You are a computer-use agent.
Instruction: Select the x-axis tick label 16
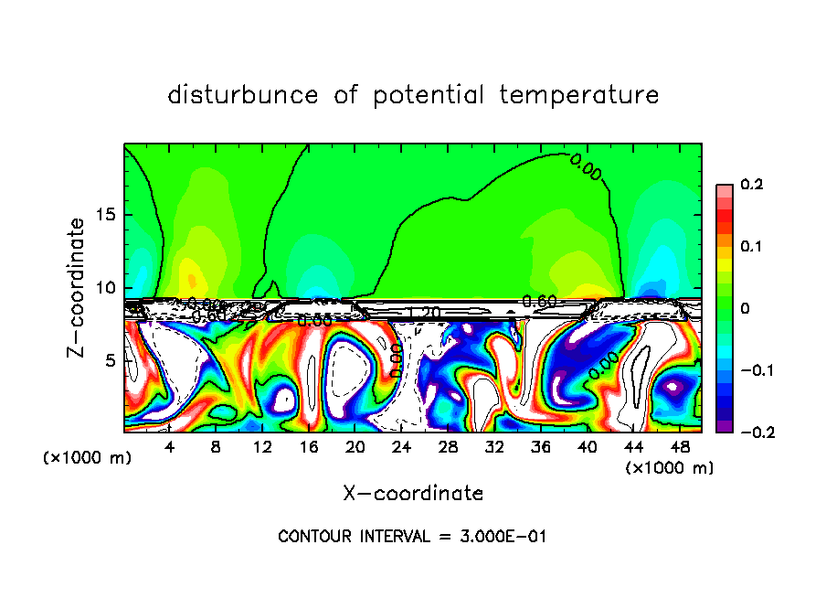pos(309,447)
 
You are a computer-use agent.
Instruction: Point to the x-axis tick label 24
pos(401,447)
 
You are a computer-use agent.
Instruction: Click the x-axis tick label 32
pos(494,447)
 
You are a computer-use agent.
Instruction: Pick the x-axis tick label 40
pos(587,447)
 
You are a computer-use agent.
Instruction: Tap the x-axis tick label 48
pos(680,447)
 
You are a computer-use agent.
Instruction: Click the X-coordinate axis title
pos(413,494)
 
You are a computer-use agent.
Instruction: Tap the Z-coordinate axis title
pos(77,287)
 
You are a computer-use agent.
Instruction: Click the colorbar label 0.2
pos(752,185)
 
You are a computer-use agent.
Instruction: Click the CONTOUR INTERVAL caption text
pos(412,537)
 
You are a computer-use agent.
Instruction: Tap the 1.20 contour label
pos(424,313)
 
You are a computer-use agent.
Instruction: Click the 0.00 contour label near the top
pos(586,167)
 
